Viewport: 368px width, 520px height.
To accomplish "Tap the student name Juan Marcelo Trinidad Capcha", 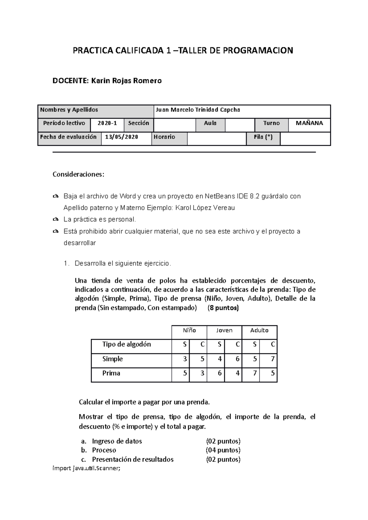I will tap(198, 110).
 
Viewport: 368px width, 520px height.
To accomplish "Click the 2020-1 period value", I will tap(107, 123).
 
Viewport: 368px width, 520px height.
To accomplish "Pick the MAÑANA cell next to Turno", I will tap(309, 123).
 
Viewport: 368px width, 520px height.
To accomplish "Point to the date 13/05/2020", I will tap(121, 137).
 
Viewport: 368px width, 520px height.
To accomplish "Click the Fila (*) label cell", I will tap(263, 137).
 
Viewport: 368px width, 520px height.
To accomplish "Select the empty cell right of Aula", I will tap(240, 125).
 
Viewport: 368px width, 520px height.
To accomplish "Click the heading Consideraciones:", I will tap(79, 175).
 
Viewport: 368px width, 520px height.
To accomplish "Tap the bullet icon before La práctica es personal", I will tap(56, 220).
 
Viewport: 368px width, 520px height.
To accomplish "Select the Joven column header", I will tap(224, 330).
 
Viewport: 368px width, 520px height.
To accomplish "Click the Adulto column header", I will tap(259, 330).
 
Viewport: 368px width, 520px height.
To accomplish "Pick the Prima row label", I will tap(111, 373).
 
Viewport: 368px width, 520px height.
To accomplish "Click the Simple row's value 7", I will tap(273, 359).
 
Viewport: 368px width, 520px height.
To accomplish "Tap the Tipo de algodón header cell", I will tap(126, 345).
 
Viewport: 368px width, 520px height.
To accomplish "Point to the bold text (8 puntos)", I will tap(223, 308).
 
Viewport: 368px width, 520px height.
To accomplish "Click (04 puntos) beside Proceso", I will tap(223, 450).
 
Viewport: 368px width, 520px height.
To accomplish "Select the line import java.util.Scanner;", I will tap(87, 468).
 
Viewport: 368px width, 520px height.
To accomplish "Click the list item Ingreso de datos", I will tap(117, 441).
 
